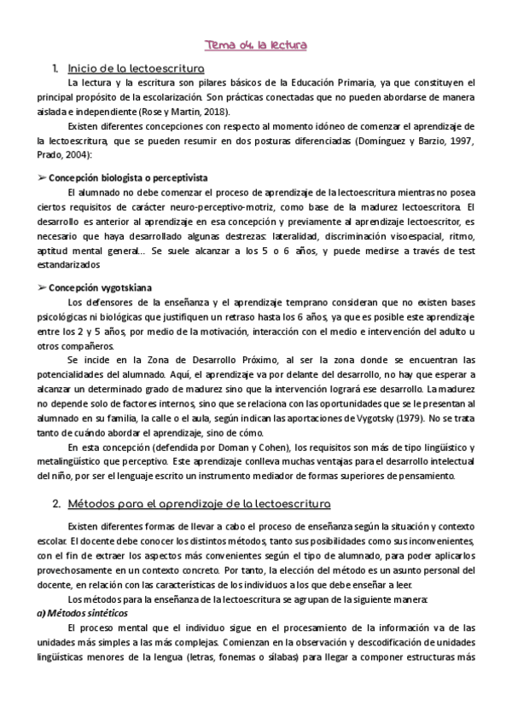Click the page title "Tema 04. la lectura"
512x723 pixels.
coord(255,45)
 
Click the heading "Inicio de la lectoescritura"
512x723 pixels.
coord(135,67)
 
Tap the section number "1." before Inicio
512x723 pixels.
coord(55,67)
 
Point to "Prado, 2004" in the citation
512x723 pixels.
coord(64,155)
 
